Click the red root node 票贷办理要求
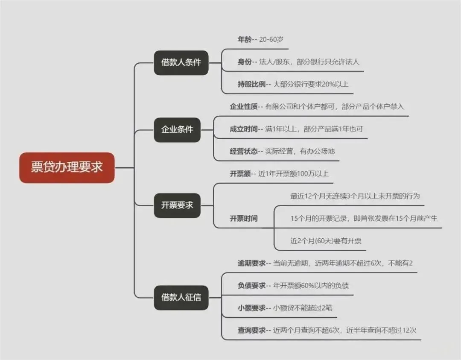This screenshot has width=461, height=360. pos(67,167)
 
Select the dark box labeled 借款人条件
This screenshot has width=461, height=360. pos(181,63)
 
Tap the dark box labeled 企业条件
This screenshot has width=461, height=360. pos(177,129)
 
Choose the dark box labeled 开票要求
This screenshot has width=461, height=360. pos(177,205)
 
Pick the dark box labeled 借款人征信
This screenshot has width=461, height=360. pos(181,298)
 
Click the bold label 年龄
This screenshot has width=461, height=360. pos(245,39)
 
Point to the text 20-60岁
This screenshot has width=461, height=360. pos(271,39)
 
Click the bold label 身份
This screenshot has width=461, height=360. pos(245,61)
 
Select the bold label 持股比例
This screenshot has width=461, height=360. pos(251,84)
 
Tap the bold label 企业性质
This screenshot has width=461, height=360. pos(244,106)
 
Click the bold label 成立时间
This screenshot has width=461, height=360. pos(244,129)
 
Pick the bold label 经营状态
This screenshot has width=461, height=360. pos(244,151)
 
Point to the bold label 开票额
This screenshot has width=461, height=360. pos(240,174)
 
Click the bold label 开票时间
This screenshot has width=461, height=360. pos(244,218)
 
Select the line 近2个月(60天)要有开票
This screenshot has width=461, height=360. pos(326,241)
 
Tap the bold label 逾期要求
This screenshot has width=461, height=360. pos(251,263)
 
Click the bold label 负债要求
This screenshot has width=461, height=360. pos(251,285)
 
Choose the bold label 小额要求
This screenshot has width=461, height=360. pos(251,307)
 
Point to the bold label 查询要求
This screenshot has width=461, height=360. pos(251,330)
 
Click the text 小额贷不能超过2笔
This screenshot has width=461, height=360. pos(303,307)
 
